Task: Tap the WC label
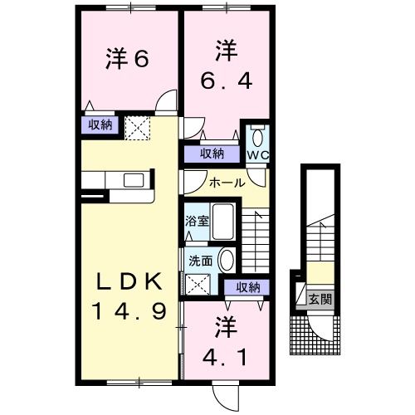(x=257, y=154)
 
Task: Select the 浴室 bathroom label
(x=196, y=222)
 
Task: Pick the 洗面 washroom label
(x=200, y=260)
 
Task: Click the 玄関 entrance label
(x=320, y=299)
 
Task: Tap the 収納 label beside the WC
(x=212, y=154)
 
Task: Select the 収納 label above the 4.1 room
(x=247, y=287)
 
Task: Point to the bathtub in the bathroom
(x=223, y=222)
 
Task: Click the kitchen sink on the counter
(x=133, y=179)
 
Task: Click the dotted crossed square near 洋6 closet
(x=136, y=127)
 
